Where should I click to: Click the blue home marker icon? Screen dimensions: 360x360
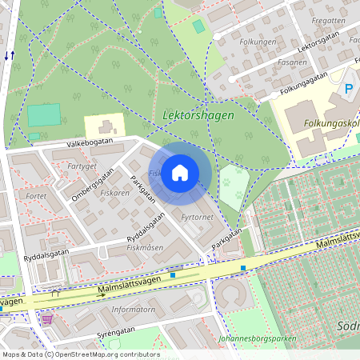(180, 173)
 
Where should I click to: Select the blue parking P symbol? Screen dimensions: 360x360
(348, 89)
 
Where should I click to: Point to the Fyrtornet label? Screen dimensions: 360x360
(197, 217)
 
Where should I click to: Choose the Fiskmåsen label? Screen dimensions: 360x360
(145, 248)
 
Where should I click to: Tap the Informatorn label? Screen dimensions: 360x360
(133, 309)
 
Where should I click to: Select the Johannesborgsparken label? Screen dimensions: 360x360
(256, 338)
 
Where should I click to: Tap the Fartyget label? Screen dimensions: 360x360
(82, 166)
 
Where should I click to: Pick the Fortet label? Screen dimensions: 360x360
(36, 195)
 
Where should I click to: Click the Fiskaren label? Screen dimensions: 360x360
(115, 193)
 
